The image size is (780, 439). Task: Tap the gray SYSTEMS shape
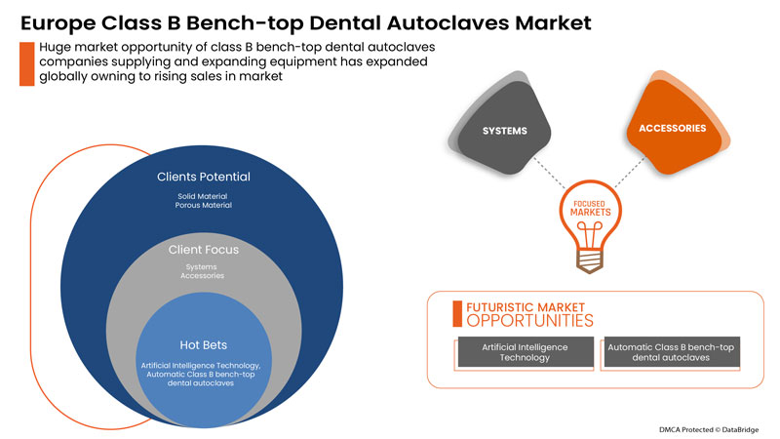click(x=498, y=132)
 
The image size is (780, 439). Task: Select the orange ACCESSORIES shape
click(x=672, y=128)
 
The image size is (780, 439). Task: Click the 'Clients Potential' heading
click(x=203, y=178)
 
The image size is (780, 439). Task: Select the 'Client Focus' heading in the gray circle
click(x=204, y=250)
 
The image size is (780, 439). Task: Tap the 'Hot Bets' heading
click(x=204, y=344)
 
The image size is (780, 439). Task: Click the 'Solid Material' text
click(x=203, y=196)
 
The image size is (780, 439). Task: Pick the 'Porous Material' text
click(x=203, y=206)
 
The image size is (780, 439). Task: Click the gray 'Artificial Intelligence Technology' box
click(x=526, y=352)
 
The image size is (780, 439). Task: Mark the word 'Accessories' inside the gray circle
click(x=204, y=276)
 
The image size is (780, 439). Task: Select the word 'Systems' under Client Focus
click(x=204, y=266)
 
